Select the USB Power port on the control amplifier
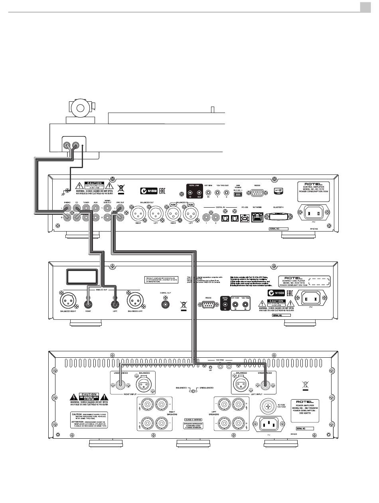(238, 194)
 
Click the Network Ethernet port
(257, 218)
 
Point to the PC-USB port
(244, 218)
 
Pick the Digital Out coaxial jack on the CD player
(164, 304)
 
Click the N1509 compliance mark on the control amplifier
(153, 190)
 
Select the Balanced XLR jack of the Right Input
(142, 385)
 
